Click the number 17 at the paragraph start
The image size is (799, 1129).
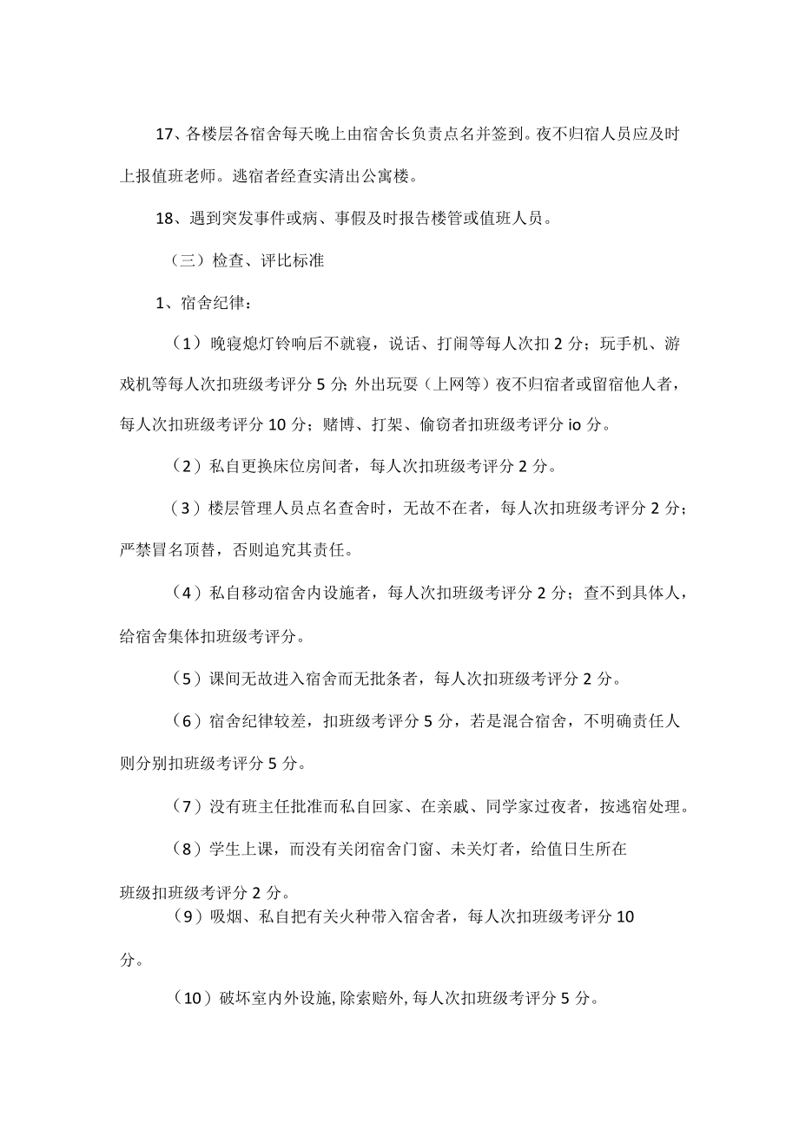(x=165, y=134)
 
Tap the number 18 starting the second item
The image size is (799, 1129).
(x=165, y=219)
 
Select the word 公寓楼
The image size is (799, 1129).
(x=387, y=176)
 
